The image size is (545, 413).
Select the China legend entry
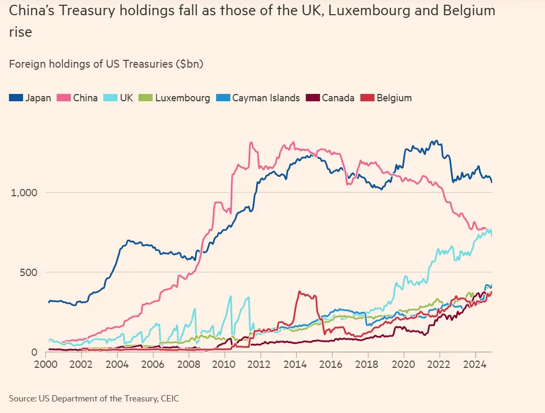click(x=79, y=98)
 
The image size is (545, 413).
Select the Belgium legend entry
click(x=388, y=98)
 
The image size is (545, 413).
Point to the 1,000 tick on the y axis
click(x=24, y=193)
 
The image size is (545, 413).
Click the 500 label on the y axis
click(x=28, y=272)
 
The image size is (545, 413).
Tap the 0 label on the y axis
click(x=34, y=352)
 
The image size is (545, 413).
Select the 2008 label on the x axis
click(x=188, y=363)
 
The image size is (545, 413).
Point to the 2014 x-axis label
click(x=296, y=363)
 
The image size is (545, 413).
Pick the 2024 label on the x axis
click(x=474, y=363)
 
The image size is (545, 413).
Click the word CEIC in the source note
click(x=168, y=399)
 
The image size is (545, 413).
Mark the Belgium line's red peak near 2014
click(x=300, y=292)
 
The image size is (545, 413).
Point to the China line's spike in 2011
click(x=251, y=142)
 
